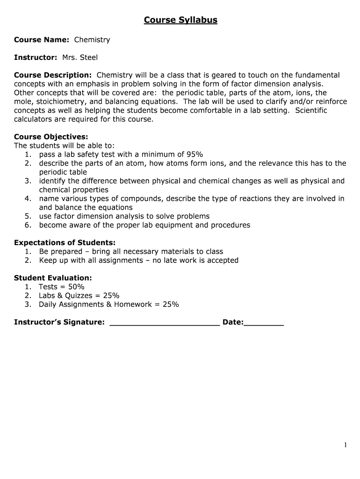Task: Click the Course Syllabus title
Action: pos(180,20)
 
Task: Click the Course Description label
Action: pos(53,75)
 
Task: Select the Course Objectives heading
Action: pos(51,137)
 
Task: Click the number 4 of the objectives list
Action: pos(28,199)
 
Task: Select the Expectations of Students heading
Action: pos(65,243)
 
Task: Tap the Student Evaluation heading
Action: pos(53,278)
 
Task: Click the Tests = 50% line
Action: pos(61,287)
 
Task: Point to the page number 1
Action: pos(346,445)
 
